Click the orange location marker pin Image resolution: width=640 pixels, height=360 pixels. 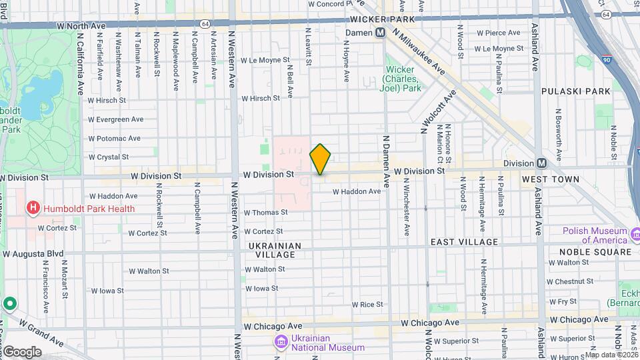click(x=321, y=159)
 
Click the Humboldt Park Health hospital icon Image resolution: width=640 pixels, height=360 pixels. click(x=32, y=209)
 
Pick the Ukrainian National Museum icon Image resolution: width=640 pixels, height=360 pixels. click(x=281, y=342)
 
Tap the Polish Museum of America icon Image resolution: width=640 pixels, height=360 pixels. click(x=635, y=235)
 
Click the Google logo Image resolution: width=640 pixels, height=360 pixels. click(x=22, y=352)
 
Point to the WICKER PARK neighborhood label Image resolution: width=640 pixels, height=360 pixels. click(x=382, y=19)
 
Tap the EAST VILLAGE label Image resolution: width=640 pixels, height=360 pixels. click(x=464, y=242)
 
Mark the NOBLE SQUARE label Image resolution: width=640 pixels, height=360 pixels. click(x=595, y=252)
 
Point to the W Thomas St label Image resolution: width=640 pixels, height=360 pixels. click(x=265, y=213)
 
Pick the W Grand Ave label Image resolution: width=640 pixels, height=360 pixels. click(x=41, y=333)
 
